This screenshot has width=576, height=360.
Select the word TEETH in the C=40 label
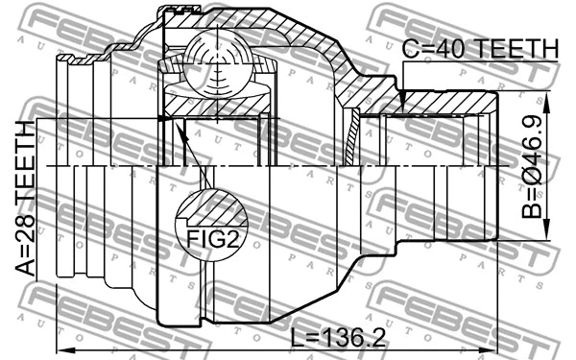click(514, 48)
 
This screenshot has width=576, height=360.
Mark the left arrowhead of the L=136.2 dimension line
click(60, 348)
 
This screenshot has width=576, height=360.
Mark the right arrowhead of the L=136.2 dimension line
click(495, 348)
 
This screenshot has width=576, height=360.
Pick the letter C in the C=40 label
click(411, 48)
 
